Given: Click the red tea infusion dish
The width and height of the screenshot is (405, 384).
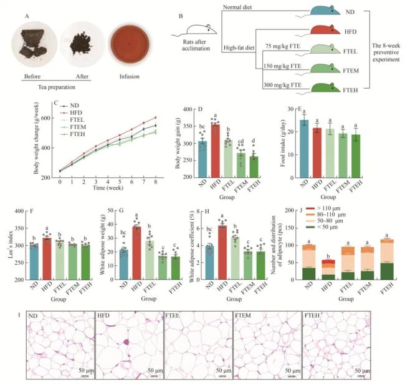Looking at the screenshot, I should point(127,45).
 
